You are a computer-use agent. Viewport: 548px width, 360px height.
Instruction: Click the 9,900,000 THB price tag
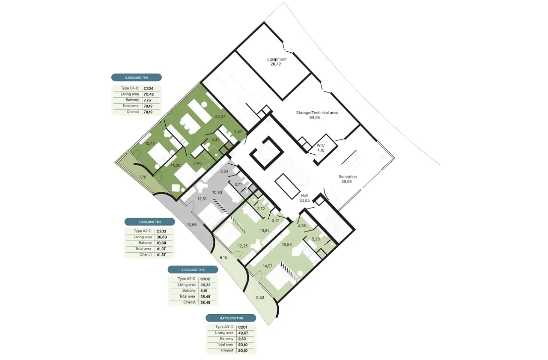(137, 77)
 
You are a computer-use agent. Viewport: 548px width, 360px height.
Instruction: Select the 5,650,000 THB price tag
(150, 222)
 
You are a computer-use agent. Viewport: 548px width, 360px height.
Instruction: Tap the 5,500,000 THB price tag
(193, 270)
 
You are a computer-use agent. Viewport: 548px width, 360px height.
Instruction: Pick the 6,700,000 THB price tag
(231, 318)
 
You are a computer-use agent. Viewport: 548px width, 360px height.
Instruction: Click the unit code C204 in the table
(149, 89)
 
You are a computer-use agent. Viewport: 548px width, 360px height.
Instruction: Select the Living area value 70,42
(149, 95)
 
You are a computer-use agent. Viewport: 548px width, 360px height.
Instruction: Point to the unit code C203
(161, 231)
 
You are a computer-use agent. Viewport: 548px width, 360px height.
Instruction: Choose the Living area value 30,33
(205, 285)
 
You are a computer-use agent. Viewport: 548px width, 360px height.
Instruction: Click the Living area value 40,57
(243, 333)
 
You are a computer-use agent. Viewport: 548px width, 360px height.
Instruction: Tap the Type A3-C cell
(224, 327)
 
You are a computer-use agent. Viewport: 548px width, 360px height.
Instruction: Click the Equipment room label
(277, 59)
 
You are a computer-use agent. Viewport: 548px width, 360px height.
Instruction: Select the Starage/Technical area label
(317, 113)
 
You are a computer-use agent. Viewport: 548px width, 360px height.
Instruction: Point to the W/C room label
(321, 146)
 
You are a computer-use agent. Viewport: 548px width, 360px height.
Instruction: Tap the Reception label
(348, 177)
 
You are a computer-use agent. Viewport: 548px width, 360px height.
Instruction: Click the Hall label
(304, 195)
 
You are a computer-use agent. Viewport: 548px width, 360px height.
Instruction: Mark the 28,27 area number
(220, 117)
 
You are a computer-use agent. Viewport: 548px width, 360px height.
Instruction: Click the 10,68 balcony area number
(191, 225)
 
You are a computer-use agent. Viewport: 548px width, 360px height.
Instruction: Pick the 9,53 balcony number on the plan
(260, 298)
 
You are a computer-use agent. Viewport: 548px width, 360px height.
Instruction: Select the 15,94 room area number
(286, 244)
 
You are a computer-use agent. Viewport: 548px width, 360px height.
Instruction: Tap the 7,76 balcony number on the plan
(143, 177)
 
